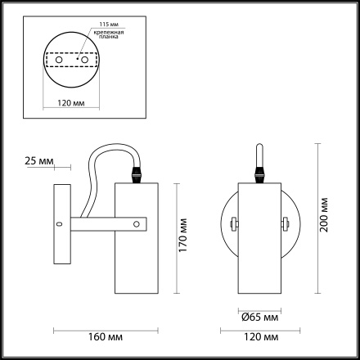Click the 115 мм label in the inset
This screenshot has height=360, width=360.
(109, 25)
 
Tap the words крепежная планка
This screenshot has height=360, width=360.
(109, 34)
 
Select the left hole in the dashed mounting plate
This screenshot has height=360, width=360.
(59, 60)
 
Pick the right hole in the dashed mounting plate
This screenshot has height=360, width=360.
(85, 60)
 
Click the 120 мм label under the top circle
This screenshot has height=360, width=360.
(71, 103)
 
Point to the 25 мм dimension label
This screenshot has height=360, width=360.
(39, 161)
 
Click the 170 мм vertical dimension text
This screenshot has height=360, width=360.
(183, 235)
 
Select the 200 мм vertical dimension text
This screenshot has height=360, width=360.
(324, 214)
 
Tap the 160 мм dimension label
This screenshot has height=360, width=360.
(106, 337)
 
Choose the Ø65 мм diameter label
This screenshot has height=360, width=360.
(260, 317)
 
